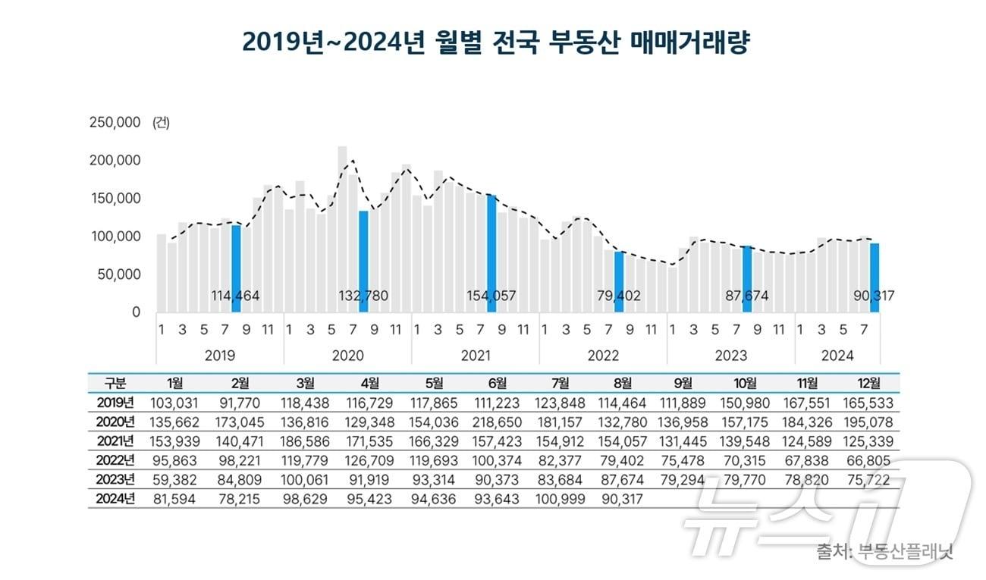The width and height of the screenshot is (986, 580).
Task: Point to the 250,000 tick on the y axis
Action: (x=115, y=123)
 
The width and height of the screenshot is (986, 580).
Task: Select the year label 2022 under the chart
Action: (x=603, y=356)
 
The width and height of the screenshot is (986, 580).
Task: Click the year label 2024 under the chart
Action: (x=837, y=356)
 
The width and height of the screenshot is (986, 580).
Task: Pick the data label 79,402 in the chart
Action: (x=620, y=296)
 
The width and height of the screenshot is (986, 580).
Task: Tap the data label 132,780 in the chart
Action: (x=363, y=296)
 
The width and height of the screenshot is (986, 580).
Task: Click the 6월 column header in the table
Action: (x=493, y=382)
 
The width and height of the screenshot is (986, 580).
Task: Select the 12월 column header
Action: (x=868, y=382)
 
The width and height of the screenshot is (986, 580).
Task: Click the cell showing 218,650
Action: (x=493, y=422)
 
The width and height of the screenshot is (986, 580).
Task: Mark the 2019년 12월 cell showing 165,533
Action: (x=868, y=402)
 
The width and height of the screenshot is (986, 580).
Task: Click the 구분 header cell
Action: (x=115, y=382)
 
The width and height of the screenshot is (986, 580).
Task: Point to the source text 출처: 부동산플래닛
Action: (x=884, y=551)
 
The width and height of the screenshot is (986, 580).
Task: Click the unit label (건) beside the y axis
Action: (x=161, y=123)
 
